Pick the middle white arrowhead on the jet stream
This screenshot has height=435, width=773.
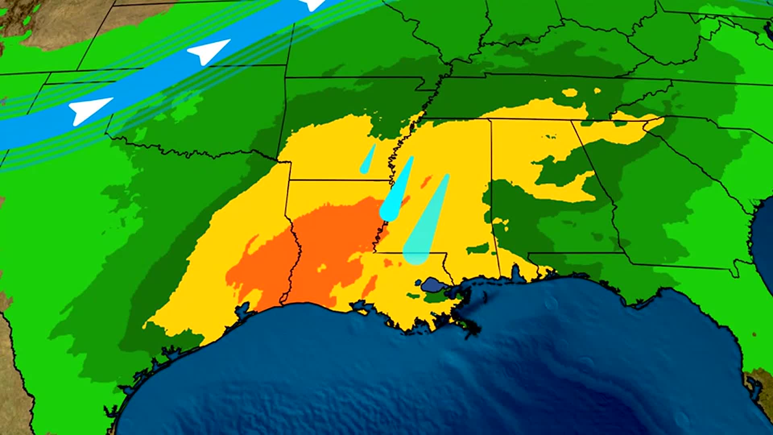point(207,51)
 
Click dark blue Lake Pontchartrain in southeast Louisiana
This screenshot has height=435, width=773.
point(432,285)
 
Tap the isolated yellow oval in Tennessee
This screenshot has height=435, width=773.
point(569,93)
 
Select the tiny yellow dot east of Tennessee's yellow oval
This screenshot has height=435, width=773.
point(597,91)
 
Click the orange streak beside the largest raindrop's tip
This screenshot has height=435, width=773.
point(426,182)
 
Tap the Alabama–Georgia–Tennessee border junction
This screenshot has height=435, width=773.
point(572,120)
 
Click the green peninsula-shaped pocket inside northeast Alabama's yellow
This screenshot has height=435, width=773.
point(560,169)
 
